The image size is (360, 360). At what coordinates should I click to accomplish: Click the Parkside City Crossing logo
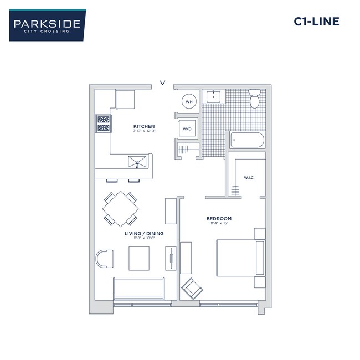(x=47, y=25)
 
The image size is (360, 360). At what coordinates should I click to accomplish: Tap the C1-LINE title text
(x=316, y=22)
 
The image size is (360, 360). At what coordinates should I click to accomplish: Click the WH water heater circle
(x=189, y=101)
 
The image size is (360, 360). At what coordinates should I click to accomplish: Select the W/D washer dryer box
(x=187, y=128)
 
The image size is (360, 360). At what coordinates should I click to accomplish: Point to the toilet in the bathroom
(x=254, y=99)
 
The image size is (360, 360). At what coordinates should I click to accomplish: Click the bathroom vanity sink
(x=214, y=97)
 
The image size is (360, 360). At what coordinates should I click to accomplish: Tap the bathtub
(x=247, y=140)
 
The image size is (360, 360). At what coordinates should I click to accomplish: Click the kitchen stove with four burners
(x=104, y=124)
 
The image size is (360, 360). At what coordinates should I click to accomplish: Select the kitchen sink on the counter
(x=138, y=162)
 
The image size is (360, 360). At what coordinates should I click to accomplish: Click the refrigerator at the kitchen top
(x=125, y=99)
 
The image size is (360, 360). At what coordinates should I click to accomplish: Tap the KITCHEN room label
(x=143, y=127)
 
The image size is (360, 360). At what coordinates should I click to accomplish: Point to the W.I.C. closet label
(x=248, y=178)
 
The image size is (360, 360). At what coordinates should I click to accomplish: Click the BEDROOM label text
(x=219, y=219)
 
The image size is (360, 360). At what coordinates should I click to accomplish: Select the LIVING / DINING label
(x=143, y=234)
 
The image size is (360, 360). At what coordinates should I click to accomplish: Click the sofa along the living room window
(x=139, y=289)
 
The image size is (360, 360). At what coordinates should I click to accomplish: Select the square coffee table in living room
(x=139, y=258)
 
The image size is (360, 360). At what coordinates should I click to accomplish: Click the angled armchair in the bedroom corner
(x=192, y=288)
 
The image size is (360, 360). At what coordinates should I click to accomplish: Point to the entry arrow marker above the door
(x=162, y=83)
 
